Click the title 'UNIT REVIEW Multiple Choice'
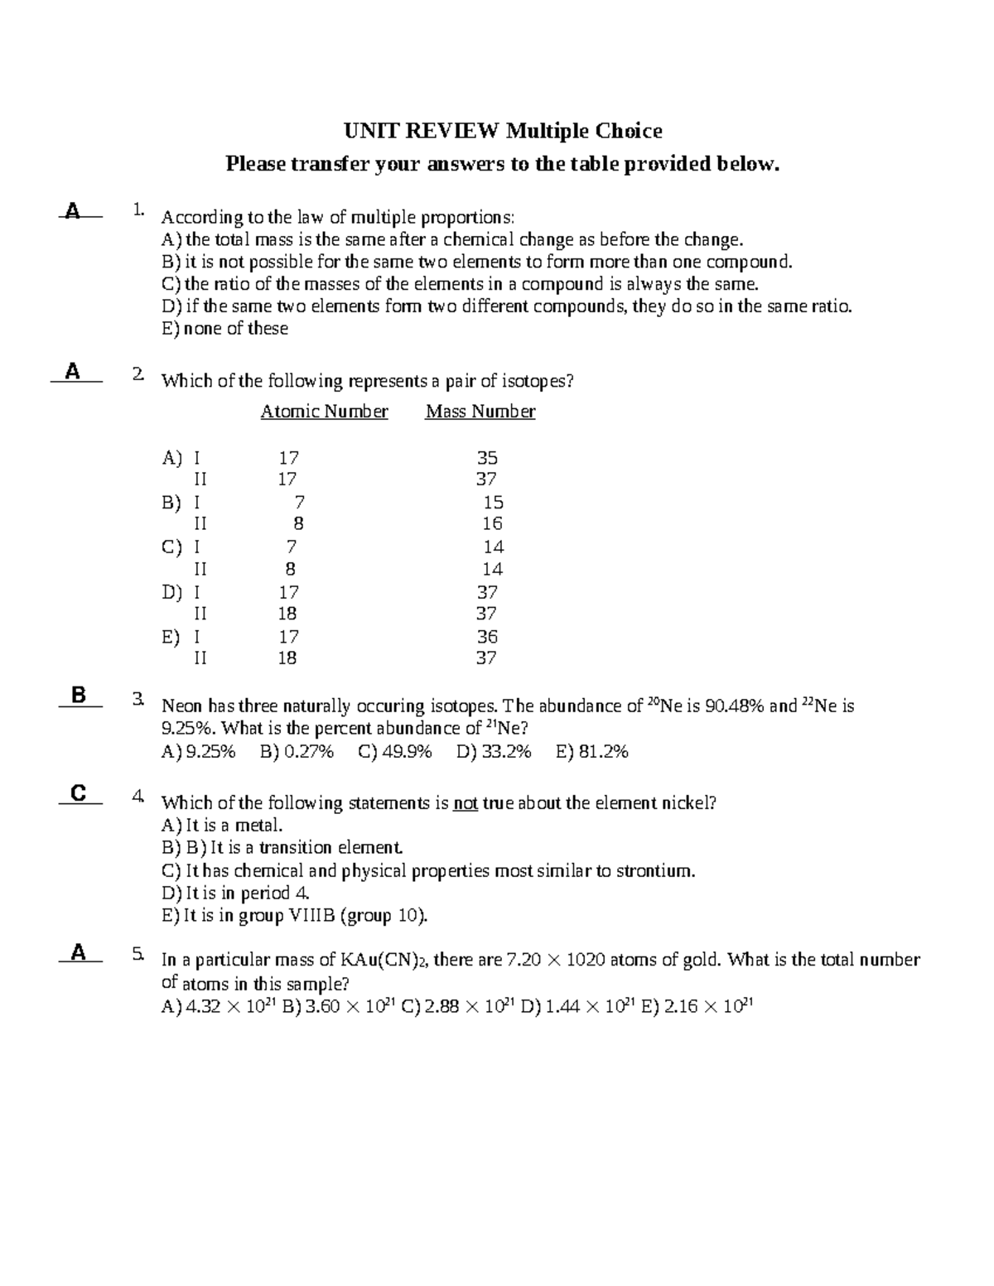[x=503, y=131]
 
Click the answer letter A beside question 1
[x=73, y=211]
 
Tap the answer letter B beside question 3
[x=79, y=696]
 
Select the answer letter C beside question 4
[x=79, y=793]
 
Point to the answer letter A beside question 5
[x=78, y=952]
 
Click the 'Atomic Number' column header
[x=324, y=412]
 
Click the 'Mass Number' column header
[x=480, y=412]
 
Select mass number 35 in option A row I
[x=486, y=458]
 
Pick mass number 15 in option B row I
[x=493, y=503]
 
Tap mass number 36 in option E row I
[x=487, y=637]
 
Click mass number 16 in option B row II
[x=492, y=523]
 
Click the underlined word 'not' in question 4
[x=466, y=803]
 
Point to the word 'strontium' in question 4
[x=653, y=871]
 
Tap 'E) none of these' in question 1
[x=224, y=329]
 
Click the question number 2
[x=137, y=374]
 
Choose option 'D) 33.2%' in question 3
[x=494, y=752]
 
